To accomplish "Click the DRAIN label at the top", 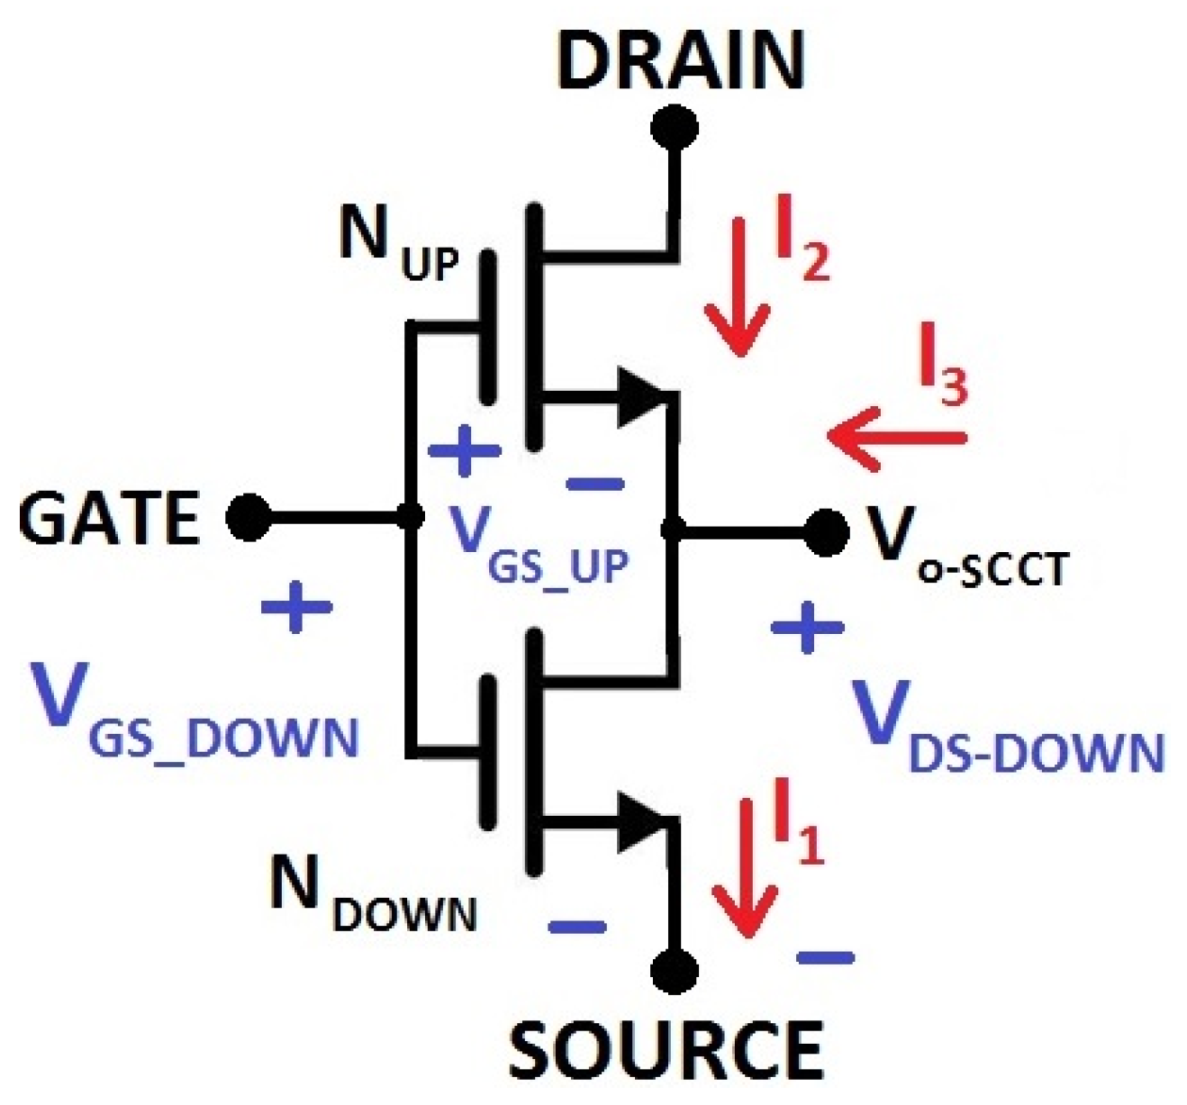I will tap(680, 61).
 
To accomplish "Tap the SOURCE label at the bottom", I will tap(666, 1049).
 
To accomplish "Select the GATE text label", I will tap(108, 519).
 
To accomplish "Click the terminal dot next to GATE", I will tap(247, 518).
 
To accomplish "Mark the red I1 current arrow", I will tap(744, 869).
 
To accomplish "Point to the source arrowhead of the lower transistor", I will tap(642, 821).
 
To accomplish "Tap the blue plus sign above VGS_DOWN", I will tap(296, 607).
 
